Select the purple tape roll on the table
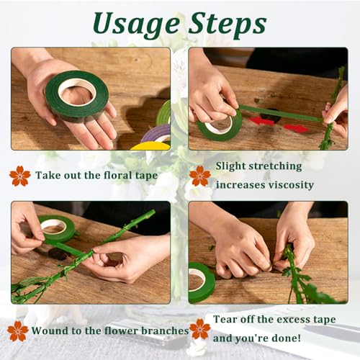[x=156, y=133]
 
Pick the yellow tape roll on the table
[x=150, y=145]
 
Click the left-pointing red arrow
[x=261, y=121]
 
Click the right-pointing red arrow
[x=297, y=128]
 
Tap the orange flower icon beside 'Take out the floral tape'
[x=20, y=176]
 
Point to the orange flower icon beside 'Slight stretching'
[x=200, y=176]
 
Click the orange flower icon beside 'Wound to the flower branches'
[x=18, y=331]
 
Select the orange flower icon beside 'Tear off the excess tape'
[x=200, y=329]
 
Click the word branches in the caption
[x=165, y=330]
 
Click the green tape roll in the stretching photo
[x=220, y=125]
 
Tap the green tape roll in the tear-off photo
[x=201, y=283]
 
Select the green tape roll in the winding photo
[x=57, y=228]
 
